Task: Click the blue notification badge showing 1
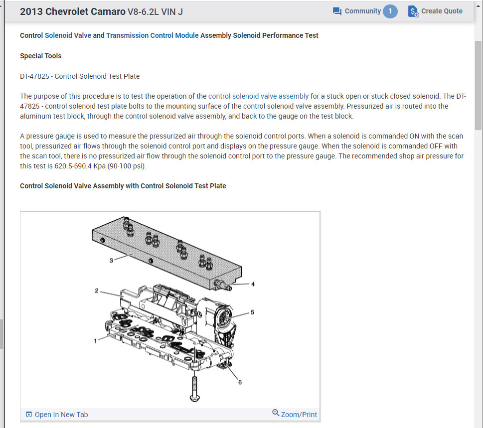[390, 11]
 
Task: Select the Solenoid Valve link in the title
[68, 35]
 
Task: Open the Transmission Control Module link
[152, 35]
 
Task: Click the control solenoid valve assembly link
[258, 96]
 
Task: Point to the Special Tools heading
[41, 56]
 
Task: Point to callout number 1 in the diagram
[95, 340]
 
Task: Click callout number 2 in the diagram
[97, 290]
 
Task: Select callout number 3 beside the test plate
[111, 260]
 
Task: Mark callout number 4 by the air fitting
[253, 284]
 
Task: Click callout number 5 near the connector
[252, 312]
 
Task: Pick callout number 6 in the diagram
[240, 382]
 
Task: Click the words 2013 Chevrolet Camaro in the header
[73, 11]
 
